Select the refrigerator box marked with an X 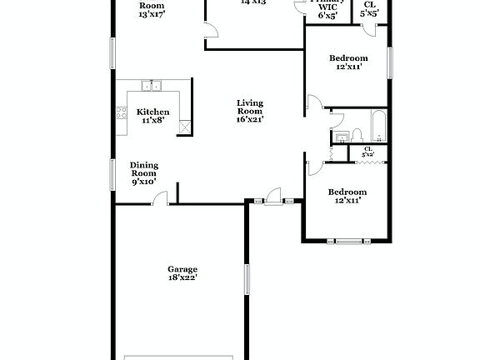[187, 126]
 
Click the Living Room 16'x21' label [249, 111]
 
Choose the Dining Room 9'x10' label [144, 173]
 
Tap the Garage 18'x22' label [182, 273]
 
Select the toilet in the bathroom [356, 133]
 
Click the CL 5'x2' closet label [368, 152]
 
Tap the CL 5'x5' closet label [369, 9]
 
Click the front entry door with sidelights [272, 201]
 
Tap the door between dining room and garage [161, 200]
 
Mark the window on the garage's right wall [247, 279]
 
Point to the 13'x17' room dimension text [152, 14]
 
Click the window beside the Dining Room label [113, 174]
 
